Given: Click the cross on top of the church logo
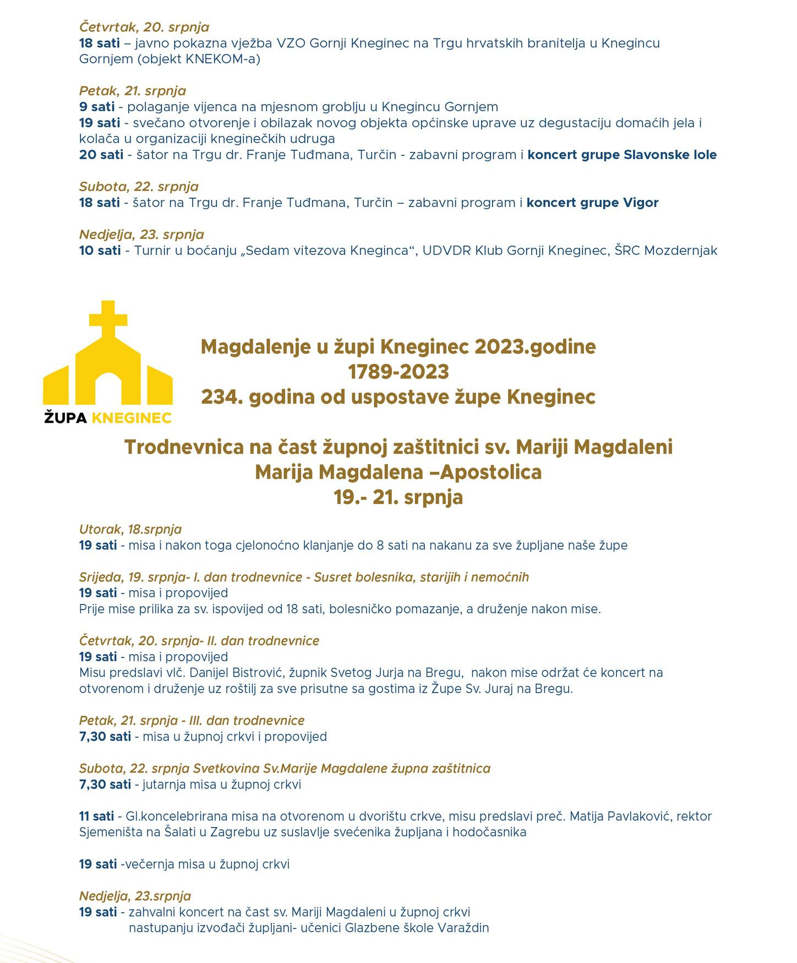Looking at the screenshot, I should pyautogui.click(x=108, y=319).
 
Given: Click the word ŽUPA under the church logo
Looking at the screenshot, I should pyautogui.click(x=65, y=418).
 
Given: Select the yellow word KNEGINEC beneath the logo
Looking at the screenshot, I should pyautogui.click(x=132, y=418).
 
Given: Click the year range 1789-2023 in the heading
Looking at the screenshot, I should pyautogui.click(x=398, y=372).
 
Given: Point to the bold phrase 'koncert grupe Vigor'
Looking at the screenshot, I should pyautogui.click(x=592, y=203).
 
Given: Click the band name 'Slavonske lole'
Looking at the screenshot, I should pyautogui.click(x=670, y=155).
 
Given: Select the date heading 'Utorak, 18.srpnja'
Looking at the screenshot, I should pyautogui.click(x=130, y=529).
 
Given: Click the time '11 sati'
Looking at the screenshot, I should pyautogui.click(x=97, y=816).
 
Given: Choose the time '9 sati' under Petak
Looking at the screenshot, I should pyautogui.click(x=97, y=107).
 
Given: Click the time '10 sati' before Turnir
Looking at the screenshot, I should pyautogui.click(x=100, y=251).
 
